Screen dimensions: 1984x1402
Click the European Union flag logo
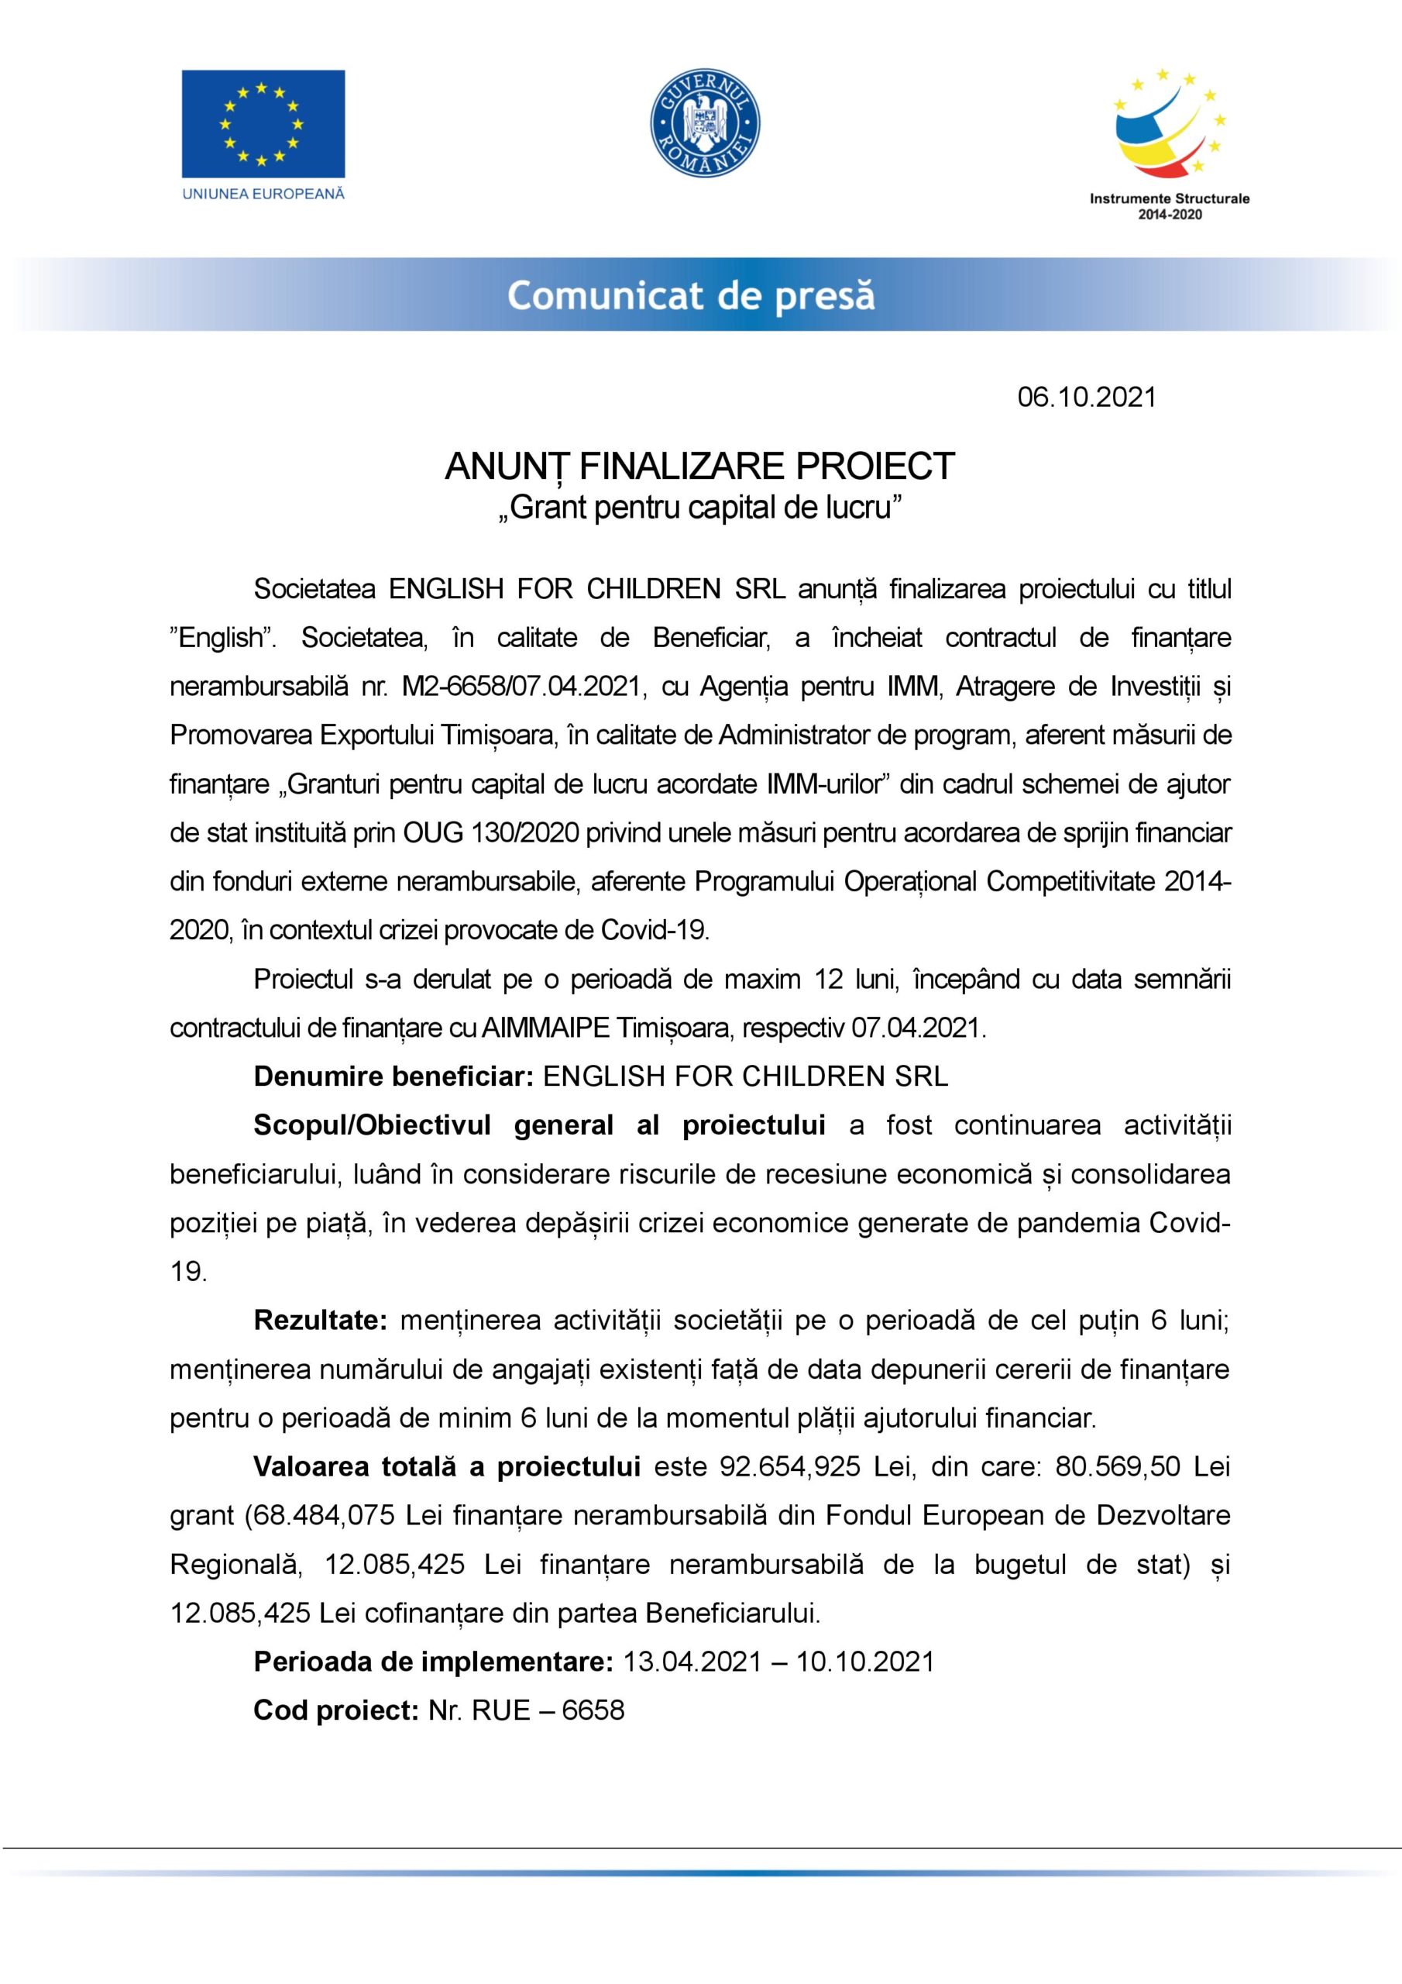[263, 123]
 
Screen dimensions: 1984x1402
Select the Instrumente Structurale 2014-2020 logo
[1170, 143]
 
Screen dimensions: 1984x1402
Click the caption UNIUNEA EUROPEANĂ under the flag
[263, 194]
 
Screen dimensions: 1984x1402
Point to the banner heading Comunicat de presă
[691, 295]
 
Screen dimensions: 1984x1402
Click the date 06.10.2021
[1086, 397]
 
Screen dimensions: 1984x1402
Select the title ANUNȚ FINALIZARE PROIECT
[699, 467]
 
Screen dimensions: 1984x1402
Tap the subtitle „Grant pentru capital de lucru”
[699, 507]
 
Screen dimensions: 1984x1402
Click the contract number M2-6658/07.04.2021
[524, 686]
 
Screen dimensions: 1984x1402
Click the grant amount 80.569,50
[1118, 1467]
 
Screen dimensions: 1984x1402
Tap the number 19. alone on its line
[188, 1272]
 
